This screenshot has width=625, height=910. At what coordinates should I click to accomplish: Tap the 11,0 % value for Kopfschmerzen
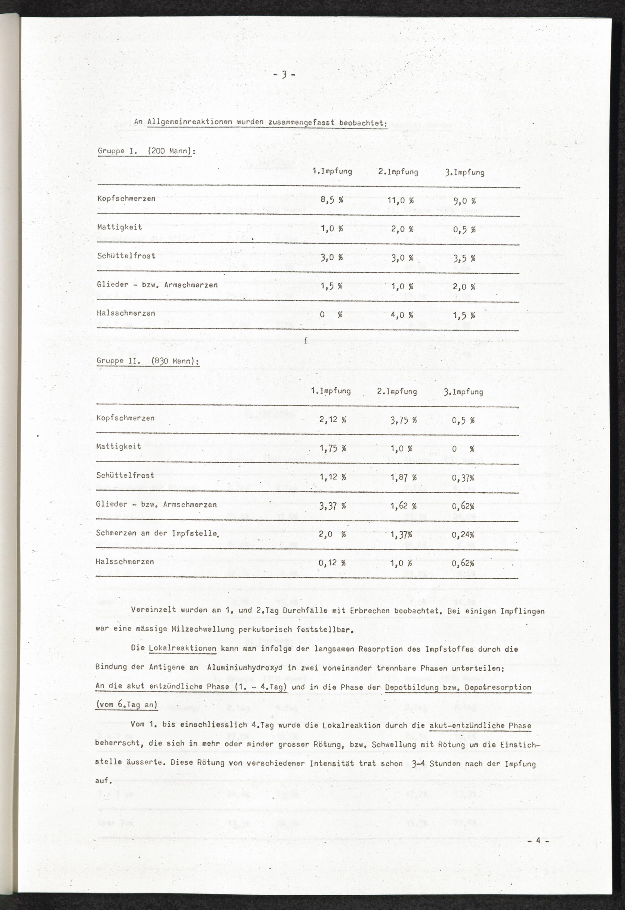pos(400,201)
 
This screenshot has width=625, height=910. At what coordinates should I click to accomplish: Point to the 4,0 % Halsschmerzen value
pos(402,315)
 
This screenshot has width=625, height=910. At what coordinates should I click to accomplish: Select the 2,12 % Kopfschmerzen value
pos(332,420)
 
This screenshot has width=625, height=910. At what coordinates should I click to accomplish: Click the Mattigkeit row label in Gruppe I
pos(119,227)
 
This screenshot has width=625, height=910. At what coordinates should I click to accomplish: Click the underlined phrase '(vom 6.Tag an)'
pos(127,705)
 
